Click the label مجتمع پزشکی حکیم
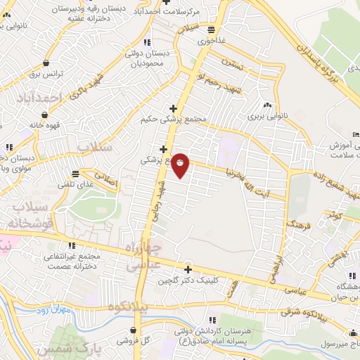[173, 119]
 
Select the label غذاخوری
[212, 40]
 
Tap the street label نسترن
[233, 64]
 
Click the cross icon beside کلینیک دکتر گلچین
[188, 269]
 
